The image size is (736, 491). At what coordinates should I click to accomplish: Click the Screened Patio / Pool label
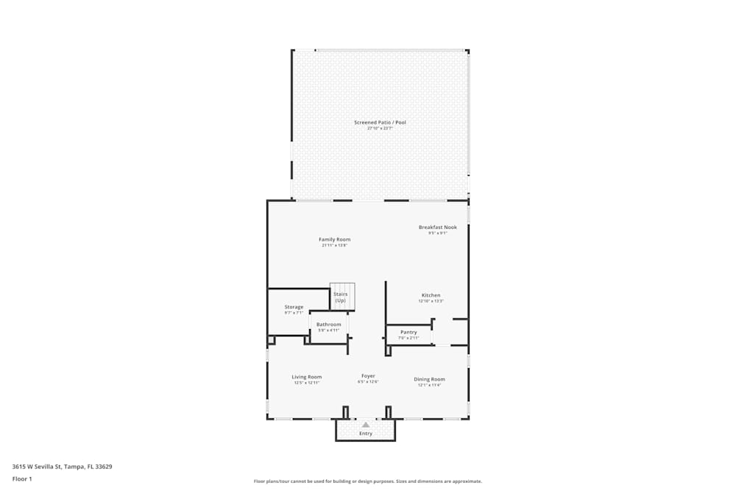point(380,122)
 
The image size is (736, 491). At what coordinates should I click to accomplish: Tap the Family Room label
point(334,239)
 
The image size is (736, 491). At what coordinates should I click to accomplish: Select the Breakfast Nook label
point(438,227)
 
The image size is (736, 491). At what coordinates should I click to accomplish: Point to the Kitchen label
point(431,295)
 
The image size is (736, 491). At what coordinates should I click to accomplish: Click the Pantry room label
point(408,332)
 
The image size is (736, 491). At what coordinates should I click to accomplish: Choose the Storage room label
point(294,307)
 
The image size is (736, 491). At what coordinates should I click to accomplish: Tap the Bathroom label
point(328,325)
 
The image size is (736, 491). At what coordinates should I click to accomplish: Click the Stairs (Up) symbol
point(342,297)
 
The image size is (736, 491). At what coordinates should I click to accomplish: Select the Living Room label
point(306,377)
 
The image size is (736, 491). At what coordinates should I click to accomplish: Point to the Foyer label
point(368,376)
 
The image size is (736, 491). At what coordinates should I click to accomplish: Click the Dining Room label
point(429,379)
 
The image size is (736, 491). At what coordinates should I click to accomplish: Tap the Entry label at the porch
point(366,434)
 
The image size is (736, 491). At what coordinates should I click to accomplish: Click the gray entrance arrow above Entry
point(366,425)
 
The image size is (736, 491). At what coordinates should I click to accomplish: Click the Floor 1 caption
point(22,478)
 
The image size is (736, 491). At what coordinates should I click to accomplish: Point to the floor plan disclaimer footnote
point(368,481)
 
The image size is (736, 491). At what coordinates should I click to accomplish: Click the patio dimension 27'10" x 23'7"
point(380,128)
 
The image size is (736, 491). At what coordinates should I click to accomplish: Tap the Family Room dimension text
point(334,245)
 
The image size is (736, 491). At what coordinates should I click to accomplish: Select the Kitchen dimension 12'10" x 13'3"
point(431,301)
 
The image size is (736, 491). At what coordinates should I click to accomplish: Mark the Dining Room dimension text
point(429,385)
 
